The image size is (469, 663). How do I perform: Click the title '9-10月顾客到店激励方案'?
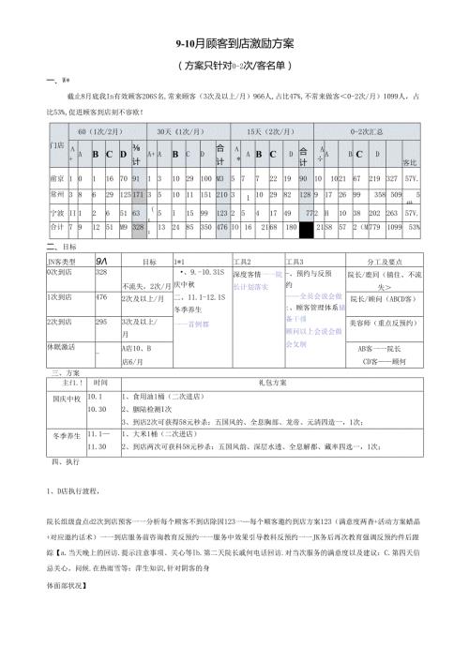234,43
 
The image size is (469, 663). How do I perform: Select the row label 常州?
56,194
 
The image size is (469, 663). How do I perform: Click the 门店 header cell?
56,146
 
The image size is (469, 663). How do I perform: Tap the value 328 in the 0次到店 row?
102,246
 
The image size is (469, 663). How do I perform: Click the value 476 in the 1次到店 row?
102,270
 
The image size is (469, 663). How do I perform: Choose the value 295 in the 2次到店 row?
102,294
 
